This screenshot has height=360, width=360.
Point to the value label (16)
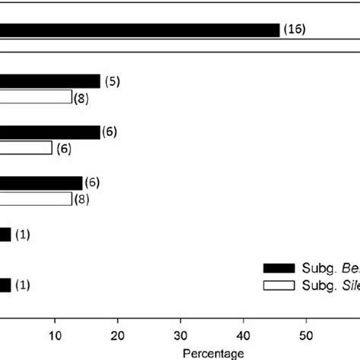(x=294, y=30)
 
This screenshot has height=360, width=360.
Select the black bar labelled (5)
(x=50, y=81)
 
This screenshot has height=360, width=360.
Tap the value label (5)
(x=112, y=81)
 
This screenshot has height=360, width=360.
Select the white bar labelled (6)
(x=26, y=148)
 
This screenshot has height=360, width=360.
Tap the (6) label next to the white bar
(x=64, y=149)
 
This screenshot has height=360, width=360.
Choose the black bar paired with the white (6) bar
(x=50, y=132)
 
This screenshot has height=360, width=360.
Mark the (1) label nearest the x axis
(x=23, y=286)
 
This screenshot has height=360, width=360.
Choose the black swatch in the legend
(x=279, y=268)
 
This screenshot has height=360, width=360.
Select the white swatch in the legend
(x=279, y=284)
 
